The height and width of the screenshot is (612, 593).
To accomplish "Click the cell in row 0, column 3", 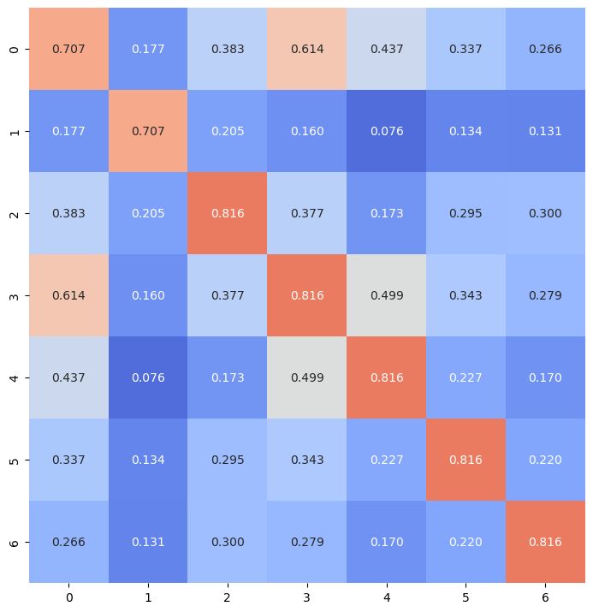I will pos(307,49).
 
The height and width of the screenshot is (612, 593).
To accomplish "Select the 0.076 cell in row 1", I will pos(386,131).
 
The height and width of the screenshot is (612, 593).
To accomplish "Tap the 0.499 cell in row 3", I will pos(386,295).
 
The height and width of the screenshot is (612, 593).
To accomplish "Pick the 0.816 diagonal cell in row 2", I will pos(228,213).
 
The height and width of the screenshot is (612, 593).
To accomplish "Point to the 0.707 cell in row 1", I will pos(148,131).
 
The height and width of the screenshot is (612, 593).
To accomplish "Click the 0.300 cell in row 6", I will pos(228,542).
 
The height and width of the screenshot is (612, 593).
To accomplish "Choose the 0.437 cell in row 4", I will pos(68,377).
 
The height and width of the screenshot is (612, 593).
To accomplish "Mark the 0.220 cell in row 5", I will pos(545,460).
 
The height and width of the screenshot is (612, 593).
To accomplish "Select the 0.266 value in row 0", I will pos(545,49).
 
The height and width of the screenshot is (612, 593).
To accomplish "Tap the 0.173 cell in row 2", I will pos(386,213).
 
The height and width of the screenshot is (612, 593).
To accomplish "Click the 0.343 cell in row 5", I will pos(307,460).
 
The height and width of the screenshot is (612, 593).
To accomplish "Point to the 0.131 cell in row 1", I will pos(545,131).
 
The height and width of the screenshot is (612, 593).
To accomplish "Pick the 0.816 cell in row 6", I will pos(545,542).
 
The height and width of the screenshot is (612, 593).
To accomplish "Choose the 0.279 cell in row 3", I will pos(545,295).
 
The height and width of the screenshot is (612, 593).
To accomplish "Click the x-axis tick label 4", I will pos(386,596).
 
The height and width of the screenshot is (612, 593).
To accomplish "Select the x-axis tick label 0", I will pos(68,596).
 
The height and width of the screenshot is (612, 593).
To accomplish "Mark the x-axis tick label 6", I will pos(545,596).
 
